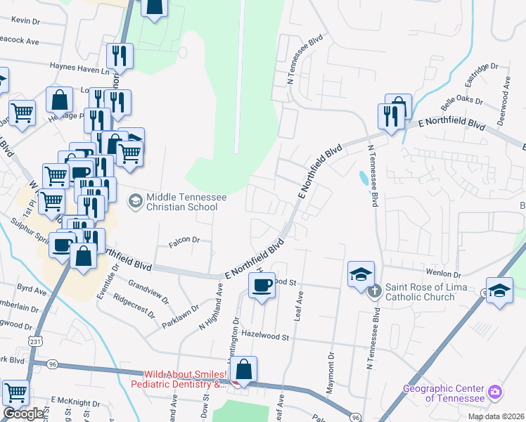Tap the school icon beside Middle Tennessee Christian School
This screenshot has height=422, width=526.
pyautogui.click(x=134, y=202)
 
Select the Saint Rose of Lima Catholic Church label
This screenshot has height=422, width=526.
pyautogui.click(x=420, y=293)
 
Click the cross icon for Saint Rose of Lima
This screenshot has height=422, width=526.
pyautogui.click(x=376, y=289)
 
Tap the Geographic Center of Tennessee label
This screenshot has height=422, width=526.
pyautogui.click(x=443, y=393)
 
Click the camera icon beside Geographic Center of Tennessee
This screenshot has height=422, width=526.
pyautogui.click(x=496, y=391)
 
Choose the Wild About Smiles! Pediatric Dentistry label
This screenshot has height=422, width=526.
pyautogui.click(x=180, y=380)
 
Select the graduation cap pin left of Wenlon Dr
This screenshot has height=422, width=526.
pyautogui.click(x=360, y=274)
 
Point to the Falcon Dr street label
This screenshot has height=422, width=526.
pyautogui.click(x=184, y=241)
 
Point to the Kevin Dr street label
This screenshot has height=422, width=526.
pyautogui.click(x=26, y=21)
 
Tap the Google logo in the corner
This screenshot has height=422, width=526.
pyautogui.click(x=24, y=414)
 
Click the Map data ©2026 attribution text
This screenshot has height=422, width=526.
pyautogui.click(x=495, y=417)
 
